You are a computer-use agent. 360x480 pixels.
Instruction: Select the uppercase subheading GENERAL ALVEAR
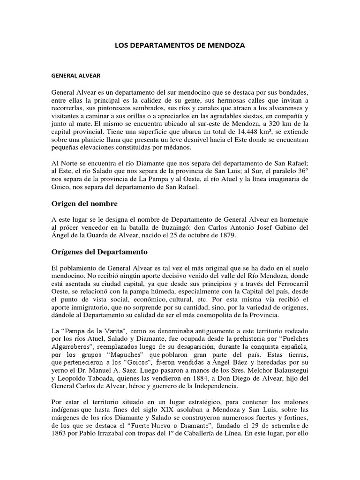click(x=75, y=75)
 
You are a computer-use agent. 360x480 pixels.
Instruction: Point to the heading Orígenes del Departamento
click(x=99, y=252)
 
